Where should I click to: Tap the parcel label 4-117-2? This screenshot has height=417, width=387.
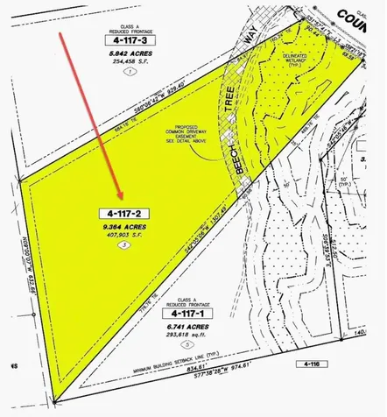(124, 213)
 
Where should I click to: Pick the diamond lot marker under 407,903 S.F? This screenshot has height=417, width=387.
(124, 244)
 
